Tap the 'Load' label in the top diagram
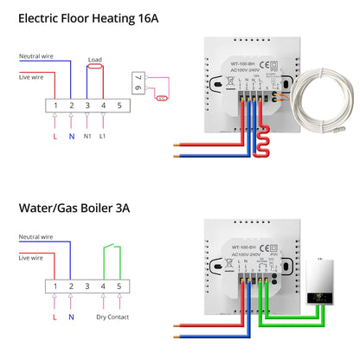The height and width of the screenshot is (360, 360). (96, 61)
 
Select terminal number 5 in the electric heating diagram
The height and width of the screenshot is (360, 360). (119, 104)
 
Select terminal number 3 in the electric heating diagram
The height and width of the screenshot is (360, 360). (87, 104)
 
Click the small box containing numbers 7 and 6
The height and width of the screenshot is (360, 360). (136, 85)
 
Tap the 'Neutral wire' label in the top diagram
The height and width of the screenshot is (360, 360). (35, 58)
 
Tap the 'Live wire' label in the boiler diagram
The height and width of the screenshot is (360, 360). (32, 257)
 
